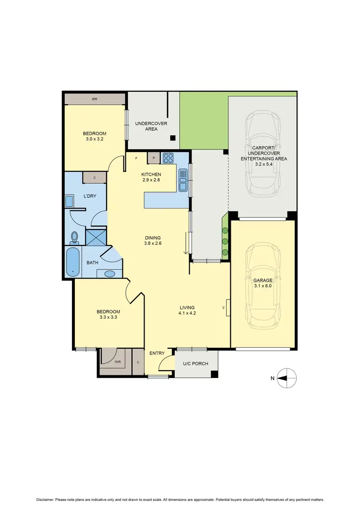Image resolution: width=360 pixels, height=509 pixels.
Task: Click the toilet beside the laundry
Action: (x=74, y=237)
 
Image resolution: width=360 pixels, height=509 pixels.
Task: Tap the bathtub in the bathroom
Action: (x=72, y=262)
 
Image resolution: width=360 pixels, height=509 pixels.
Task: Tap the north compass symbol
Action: (x=287, y=378)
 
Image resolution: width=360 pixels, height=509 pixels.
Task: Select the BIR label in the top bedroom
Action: (x=95, y=99)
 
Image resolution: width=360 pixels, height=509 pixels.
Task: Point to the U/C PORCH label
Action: (x=196, y=364)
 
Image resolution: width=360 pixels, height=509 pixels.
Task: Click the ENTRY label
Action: (x=157, y=353)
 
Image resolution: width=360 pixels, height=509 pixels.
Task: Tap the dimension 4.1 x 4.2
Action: (x=187, y=313)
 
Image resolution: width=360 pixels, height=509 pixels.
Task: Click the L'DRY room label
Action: (x=90, y=196)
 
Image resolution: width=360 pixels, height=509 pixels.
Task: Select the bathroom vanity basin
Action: (x=109, y=274)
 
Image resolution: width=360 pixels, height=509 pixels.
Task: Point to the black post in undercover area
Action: (x=173, y=138)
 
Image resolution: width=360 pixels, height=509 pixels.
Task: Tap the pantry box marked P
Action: (x=154, y=158)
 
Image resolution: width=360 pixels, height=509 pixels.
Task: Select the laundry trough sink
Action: (x=69, y=201)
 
